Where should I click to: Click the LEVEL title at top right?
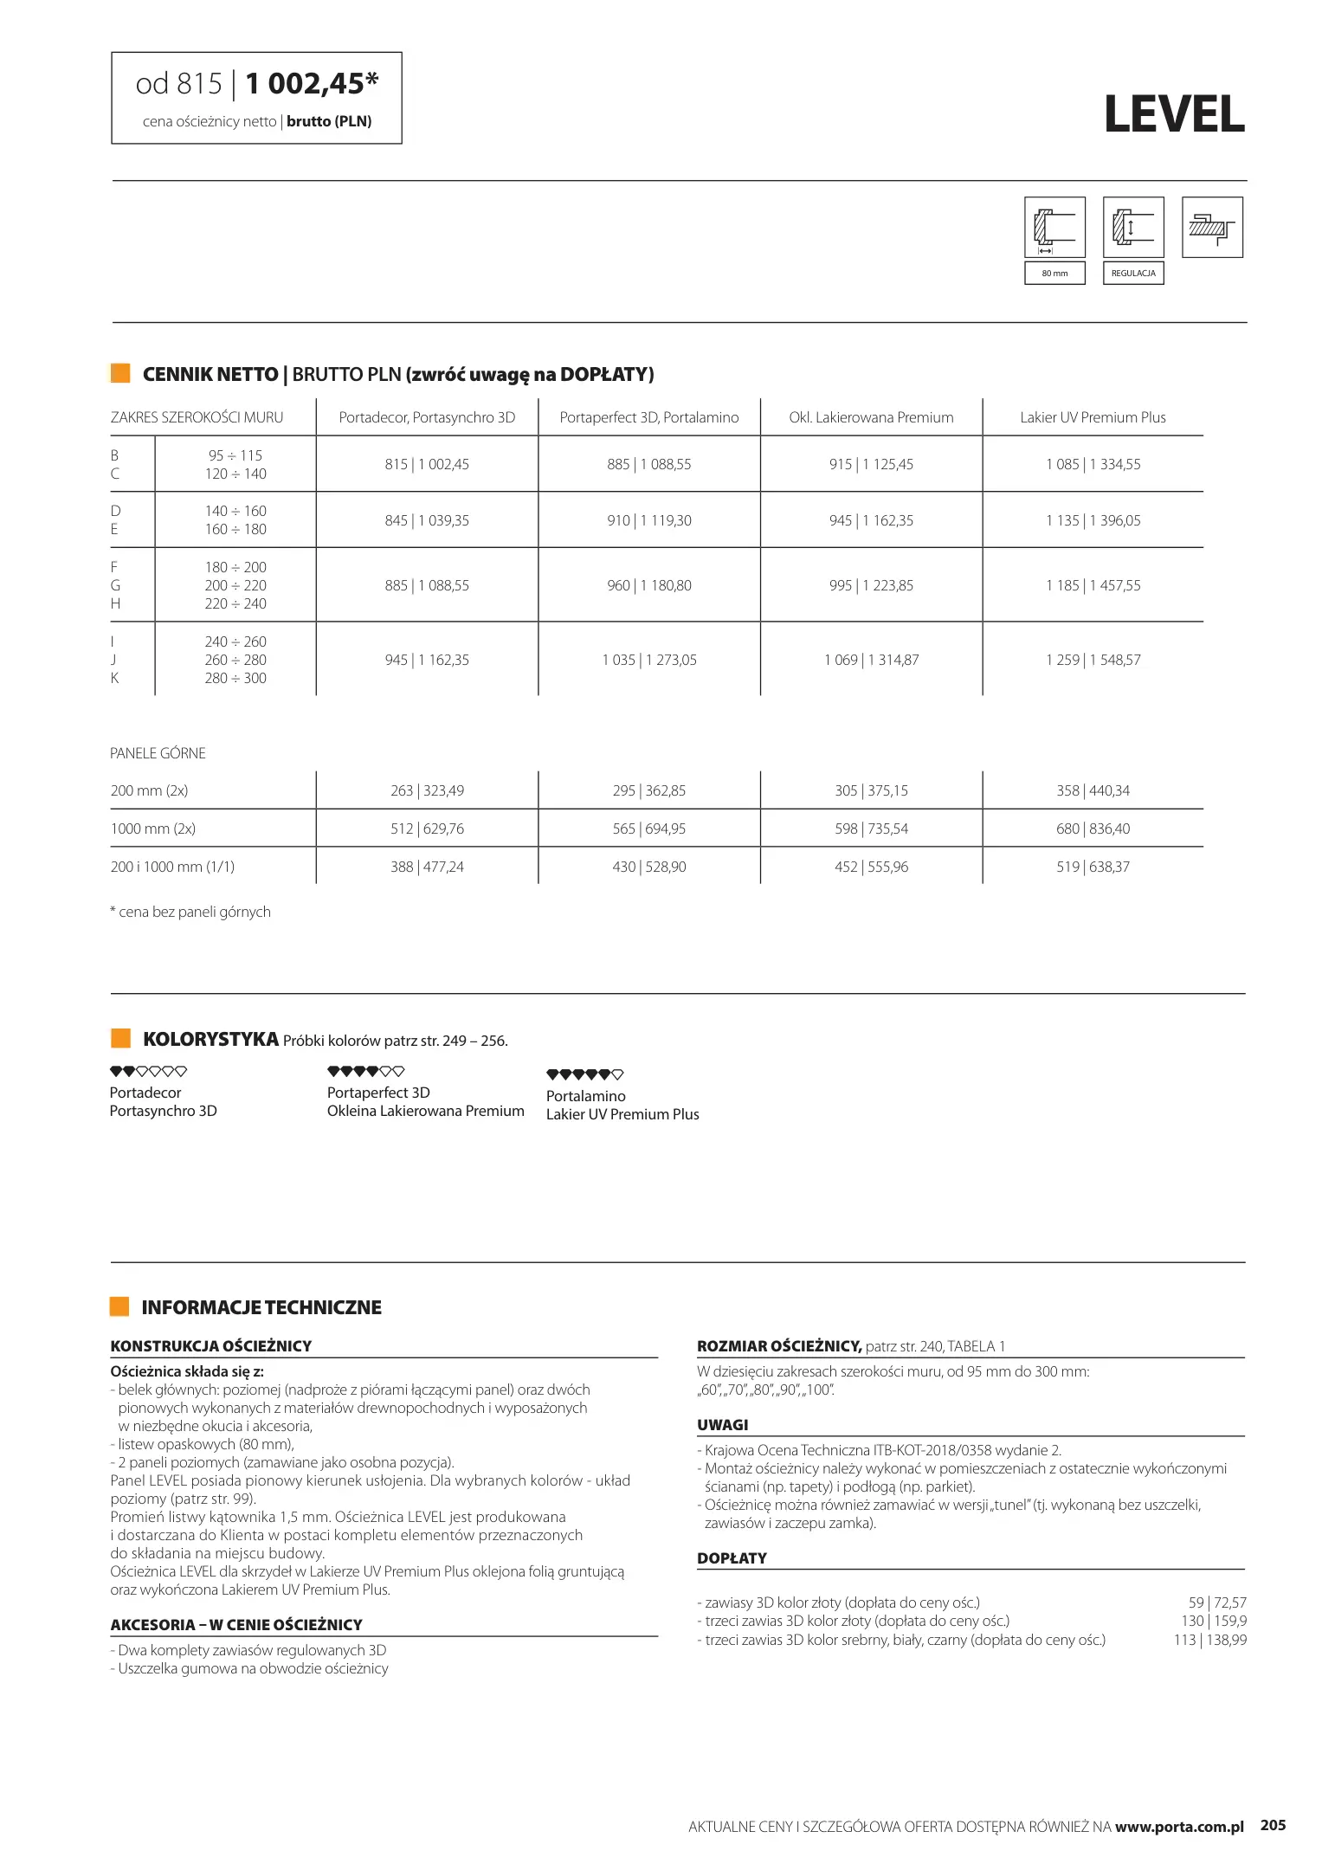coord(1174,114)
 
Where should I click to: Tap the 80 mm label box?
coord(1054,273)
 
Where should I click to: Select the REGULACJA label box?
coord(1132,273)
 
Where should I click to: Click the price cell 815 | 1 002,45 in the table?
coord(427,464)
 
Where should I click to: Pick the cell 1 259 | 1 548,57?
coord(1093,660)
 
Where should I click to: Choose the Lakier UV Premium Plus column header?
coord(1093,417)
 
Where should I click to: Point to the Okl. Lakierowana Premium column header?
coord(871,417)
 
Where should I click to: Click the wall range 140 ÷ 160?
coord(235,511)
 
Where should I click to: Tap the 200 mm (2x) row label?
coord(150,790)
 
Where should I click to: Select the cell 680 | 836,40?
coord(1093,829)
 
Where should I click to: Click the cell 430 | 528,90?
coord(648,867)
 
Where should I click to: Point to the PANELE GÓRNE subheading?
coord(158,753)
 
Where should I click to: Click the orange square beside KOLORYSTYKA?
coord(120,1038)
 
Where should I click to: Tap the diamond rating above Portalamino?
coord(584,1074)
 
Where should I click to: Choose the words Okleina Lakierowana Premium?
coord(425,1111)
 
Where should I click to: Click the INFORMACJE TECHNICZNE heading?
coord(261,1307)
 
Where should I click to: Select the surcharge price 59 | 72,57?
coord(1217,1602)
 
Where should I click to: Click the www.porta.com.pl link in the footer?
coord(1179,1827)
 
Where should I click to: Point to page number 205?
coord(1273,1825)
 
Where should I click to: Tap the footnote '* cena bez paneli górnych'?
coord(190,912)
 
